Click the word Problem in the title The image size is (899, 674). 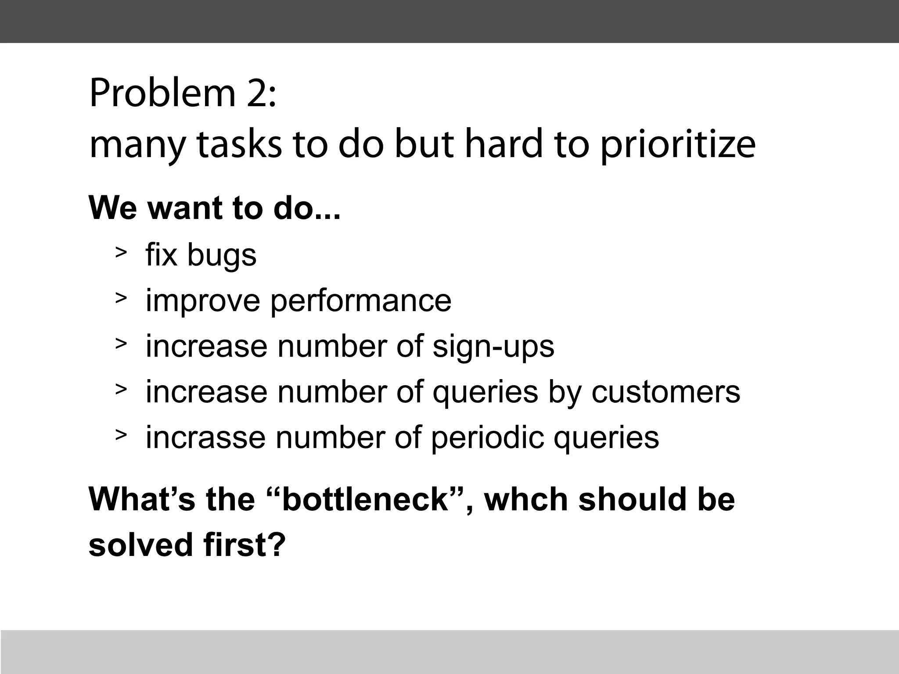coord(162,93)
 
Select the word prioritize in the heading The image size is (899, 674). coord(677,145)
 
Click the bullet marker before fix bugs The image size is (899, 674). coord(121,252)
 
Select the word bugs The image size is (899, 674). coord(222,255)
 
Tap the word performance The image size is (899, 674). coord(360,301)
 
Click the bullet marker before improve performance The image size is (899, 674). coord(121,298)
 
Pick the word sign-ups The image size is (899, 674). coord(493,347)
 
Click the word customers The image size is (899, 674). coord(665,392)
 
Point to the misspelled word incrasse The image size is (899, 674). coord(205,437)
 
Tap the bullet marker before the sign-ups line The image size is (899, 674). coord(121,344)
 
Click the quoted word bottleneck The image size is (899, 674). coord(364,500)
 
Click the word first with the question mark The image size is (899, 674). coord(245,545)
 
